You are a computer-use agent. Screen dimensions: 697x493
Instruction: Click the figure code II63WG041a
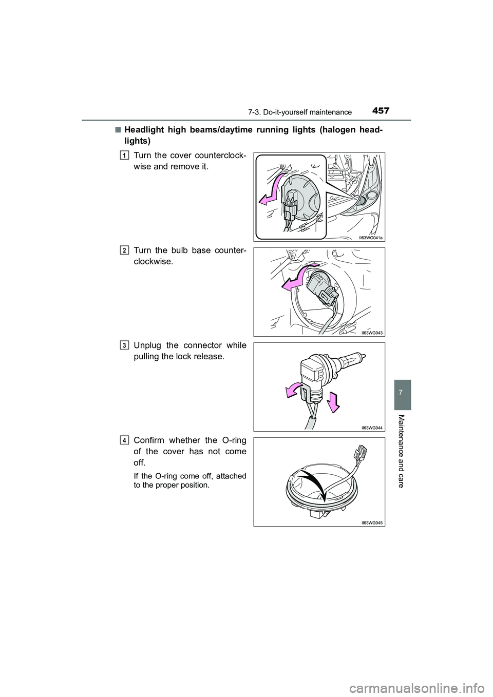[371, 237]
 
